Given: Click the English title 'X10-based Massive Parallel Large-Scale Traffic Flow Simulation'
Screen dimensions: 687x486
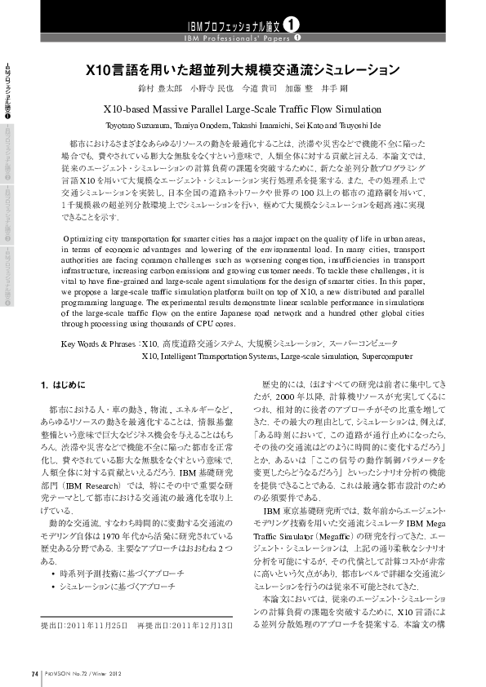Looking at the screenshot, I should [x=243, y=108].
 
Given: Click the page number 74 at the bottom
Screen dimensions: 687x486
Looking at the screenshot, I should [x=34, y=673].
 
